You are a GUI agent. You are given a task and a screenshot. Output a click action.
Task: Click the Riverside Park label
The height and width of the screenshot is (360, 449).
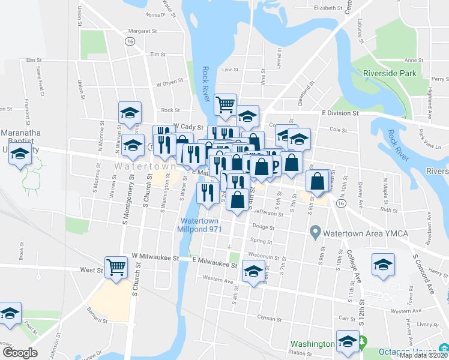(390, 73)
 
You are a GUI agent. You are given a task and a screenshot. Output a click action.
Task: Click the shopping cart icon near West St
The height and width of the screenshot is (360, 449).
(116, 266)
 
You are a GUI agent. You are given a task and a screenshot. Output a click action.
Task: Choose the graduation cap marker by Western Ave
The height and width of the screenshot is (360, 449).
(253, 273)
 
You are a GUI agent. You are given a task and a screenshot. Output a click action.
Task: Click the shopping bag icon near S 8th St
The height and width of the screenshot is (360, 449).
(317, 180)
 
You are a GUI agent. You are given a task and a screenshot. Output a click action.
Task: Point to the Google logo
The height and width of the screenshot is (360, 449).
(20, 353)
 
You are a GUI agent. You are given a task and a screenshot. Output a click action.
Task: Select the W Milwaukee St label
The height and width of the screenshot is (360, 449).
(156, 258)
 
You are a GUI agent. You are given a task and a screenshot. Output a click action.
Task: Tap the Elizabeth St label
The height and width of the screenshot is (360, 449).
(327, 8)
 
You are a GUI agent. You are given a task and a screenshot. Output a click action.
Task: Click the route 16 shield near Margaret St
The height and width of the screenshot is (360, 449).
(129, 41)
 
